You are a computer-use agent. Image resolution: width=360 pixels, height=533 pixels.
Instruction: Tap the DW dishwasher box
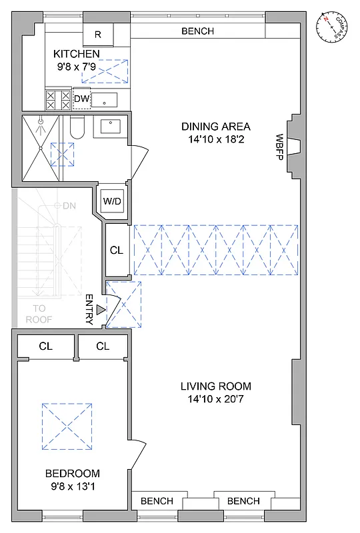coord(81,99)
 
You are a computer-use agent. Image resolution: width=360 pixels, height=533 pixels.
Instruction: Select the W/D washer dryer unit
coord(111,201)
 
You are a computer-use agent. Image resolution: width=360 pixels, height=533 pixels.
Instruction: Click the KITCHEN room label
coord(77,54)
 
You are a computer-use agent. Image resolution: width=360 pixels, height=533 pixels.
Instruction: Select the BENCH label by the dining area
coord(197,31)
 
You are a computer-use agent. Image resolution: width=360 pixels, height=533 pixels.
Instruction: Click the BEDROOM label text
coord(73,474)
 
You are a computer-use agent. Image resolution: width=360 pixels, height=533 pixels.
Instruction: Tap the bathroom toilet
coord(76,127)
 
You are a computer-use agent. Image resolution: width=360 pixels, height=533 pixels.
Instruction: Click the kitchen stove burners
coord(57,100)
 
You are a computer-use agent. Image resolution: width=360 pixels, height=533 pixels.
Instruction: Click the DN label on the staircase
coord(69,206)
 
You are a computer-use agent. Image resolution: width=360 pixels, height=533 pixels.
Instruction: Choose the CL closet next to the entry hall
coord(117,251)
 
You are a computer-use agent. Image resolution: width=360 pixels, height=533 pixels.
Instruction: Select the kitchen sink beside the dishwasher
coord(104,101)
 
